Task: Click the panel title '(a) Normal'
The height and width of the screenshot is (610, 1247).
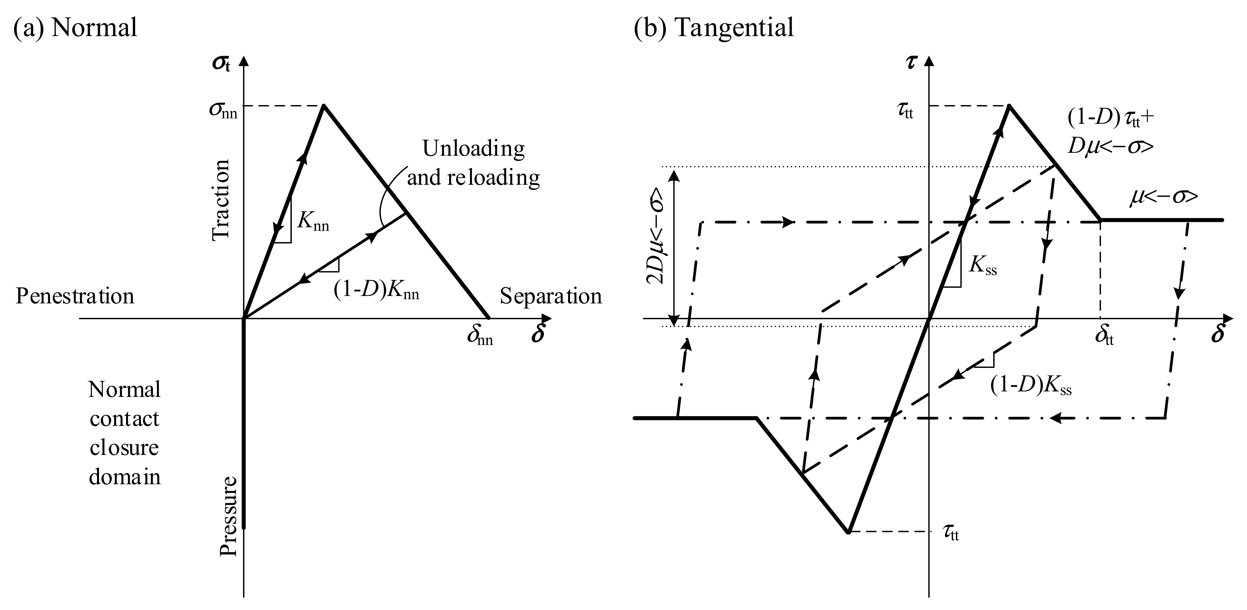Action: point(75,28)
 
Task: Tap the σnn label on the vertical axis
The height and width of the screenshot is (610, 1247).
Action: point(223,110)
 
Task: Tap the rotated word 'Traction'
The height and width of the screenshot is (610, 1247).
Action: point(221,200)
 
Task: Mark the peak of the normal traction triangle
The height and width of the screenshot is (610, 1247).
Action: point(323,105)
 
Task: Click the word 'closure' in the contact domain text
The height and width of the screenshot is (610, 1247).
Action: point(124,448)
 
